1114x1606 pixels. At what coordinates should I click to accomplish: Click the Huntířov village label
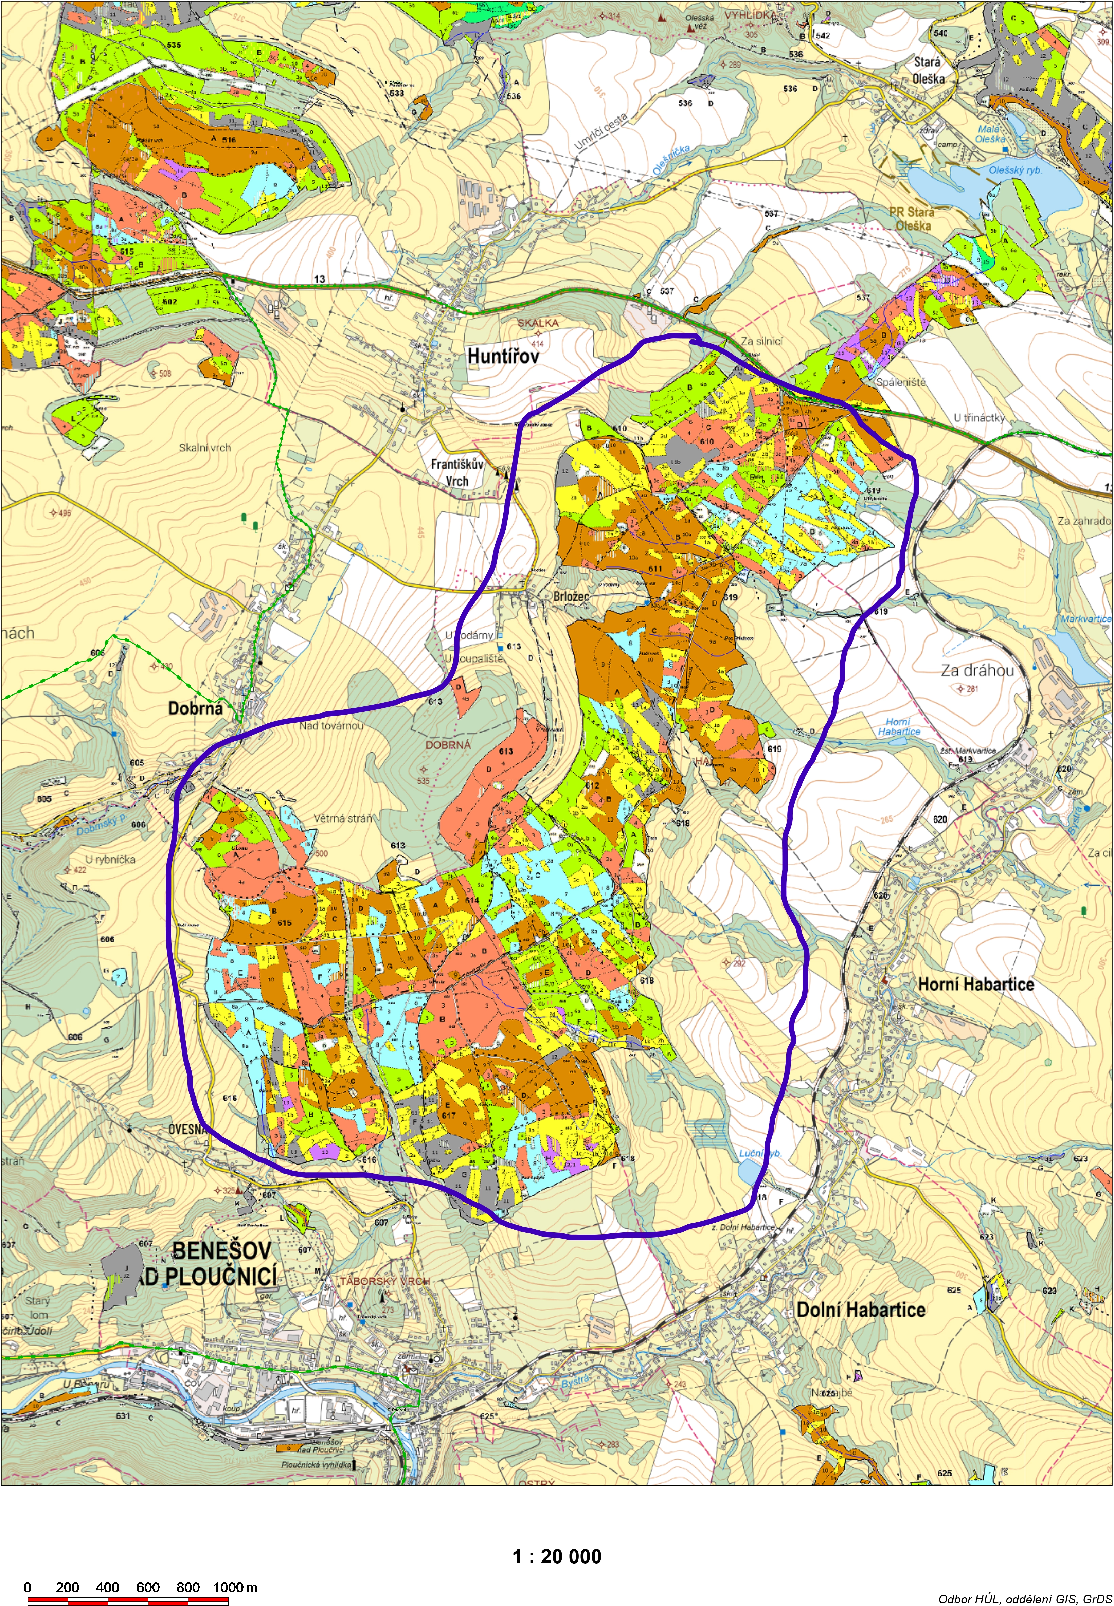point(503,356)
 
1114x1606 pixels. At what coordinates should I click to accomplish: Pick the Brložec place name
point(571,597)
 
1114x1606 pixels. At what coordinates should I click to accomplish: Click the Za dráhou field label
point(977,670)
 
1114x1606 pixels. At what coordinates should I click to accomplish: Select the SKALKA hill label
point(537,323)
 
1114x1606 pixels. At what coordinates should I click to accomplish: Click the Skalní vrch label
point(204,447)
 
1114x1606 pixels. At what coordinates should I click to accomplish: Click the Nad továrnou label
point(331,726)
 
